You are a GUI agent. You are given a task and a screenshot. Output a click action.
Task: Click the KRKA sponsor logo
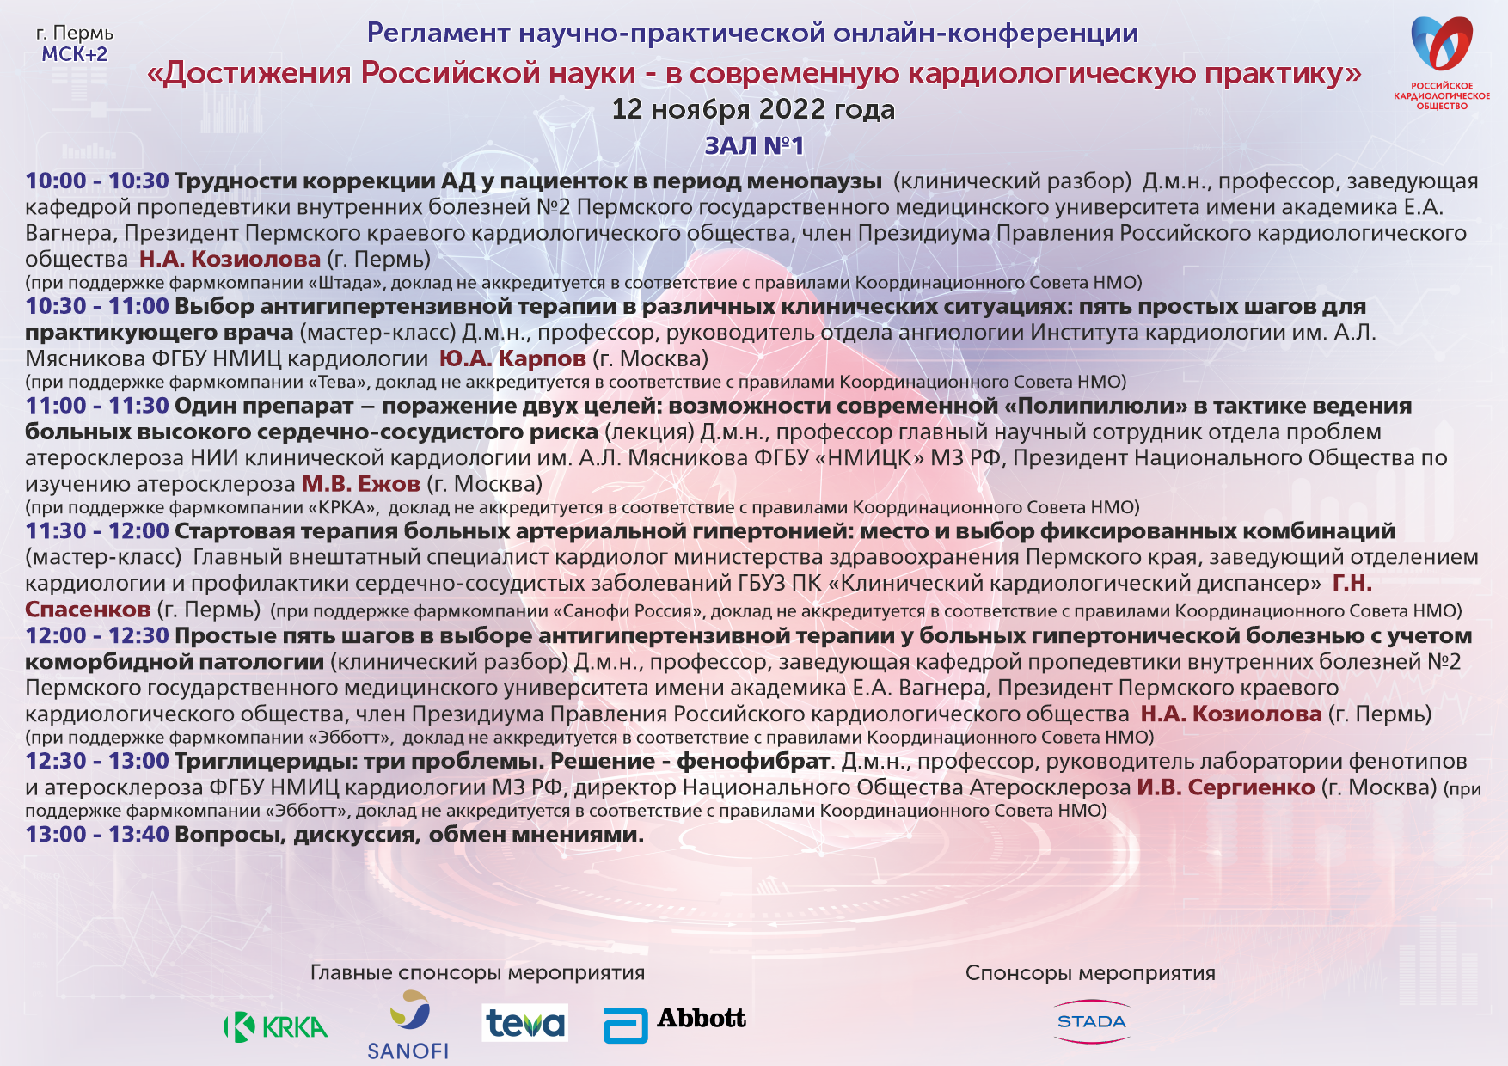[275, 1026]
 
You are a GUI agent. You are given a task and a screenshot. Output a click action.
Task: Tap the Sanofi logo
[408, 1025]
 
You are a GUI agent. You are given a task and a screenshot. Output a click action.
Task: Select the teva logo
[524, 1023]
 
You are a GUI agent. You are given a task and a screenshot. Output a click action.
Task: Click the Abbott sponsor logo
[675, 1023]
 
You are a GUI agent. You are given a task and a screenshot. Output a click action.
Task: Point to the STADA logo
[1091, 1021]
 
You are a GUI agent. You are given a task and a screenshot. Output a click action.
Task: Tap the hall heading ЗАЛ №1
[754, 145]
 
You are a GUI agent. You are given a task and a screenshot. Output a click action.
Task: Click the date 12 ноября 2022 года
[753, 109]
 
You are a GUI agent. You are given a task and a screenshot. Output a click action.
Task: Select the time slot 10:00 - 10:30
[97, 181]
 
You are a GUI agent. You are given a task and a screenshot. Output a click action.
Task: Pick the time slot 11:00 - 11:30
[97, 406]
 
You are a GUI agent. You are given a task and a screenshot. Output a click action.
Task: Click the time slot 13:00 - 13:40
[97, 834]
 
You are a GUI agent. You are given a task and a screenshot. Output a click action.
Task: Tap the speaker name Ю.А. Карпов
[512, 358]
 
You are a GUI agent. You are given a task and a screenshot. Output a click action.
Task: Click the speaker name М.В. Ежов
[360, 484]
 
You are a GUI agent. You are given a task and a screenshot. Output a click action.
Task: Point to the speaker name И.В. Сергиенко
[1226, 787]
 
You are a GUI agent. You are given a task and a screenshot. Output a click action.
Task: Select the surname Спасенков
[88, 610]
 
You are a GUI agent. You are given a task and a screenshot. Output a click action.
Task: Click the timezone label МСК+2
[75, 54]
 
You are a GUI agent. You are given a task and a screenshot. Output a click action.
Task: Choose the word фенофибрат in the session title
[753, 762]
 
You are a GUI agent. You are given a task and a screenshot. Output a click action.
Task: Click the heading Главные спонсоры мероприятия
[477, 972]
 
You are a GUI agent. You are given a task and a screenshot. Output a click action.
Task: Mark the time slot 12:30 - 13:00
[97, 762]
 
